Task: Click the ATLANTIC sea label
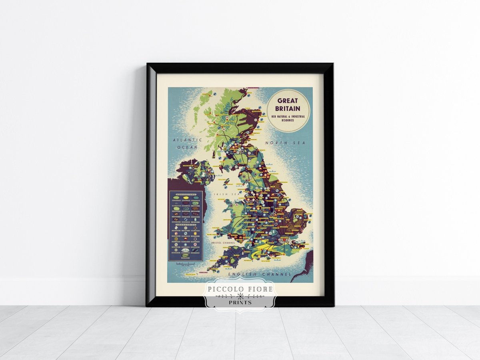(x=188, y=140)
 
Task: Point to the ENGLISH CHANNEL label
(x=260, y=274)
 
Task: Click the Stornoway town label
(x=206, y=94)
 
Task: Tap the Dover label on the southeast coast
(x=306, y=248)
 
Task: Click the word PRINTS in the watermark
(x=240, y=302)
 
